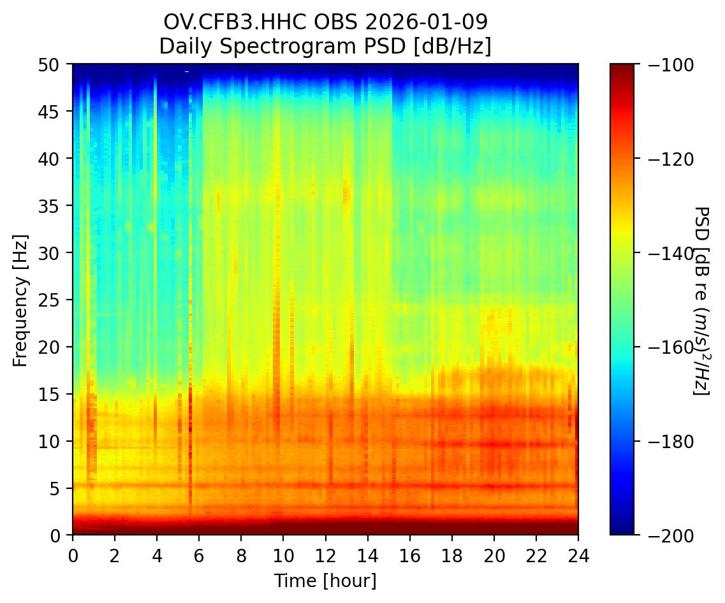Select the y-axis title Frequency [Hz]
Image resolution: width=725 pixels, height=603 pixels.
pyautogui.click(x=21, y=300)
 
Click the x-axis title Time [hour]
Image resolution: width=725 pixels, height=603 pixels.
pyautogui.click(x=325, y=581)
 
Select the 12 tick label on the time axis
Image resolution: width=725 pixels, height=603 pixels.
pyautogui.click(x=325, y=553)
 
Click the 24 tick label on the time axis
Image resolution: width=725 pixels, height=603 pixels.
pyautogui.click(x=578, y=553)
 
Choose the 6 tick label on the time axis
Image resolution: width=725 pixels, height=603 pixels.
pyautogui.click(x=199, y=553)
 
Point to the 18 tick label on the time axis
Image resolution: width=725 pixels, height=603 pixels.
pyautogui.click(x=451, y=553)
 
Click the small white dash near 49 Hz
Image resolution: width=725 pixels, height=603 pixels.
pyautogui.click(x=187, y=71)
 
